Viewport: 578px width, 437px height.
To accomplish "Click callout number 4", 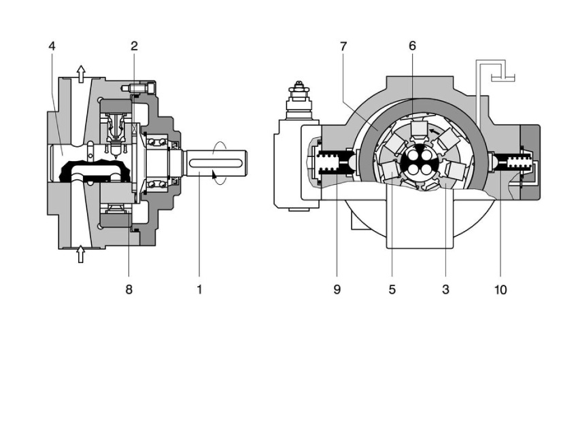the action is click(52, 46).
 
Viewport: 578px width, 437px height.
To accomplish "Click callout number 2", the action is click(134, 46).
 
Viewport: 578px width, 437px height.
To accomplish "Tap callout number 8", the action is click(129, 290).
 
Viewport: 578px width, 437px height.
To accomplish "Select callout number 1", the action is click(199, 290).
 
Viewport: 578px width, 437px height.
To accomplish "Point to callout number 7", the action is click(343, 46).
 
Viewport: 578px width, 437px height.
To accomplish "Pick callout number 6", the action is click(412, 46).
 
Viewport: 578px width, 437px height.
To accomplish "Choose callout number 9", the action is click(337, 290).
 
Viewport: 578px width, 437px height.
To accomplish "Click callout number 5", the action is click(392, 290).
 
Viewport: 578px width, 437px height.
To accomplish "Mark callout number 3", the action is click(445, 290).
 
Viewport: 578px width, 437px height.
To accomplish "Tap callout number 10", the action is click(500, 290).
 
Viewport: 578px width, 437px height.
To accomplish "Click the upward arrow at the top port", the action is click(81, 73).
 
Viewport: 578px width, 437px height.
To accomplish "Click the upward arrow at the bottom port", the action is click(81, 254).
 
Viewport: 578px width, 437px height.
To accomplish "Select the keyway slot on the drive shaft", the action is click(216, 163).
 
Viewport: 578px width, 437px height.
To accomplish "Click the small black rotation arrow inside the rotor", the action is click(435, 130).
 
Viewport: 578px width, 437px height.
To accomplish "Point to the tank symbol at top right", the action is click(503, 77).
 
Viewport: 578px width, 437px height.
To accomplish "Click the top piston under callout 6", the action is click(418, 129).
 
